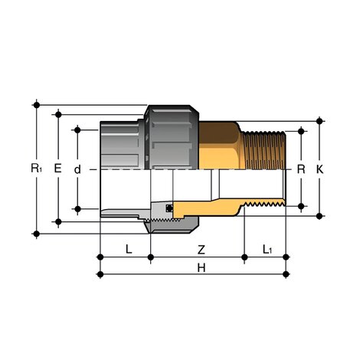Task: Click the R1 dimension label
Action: [36, 167]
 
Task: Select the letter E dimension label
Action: [58, 167]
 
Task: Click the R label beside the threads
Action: [301, 168]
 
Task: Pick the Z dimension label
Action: [201, 249]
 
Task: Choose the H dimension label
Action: [201, 269]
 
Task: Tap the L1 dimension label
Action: [267, 249]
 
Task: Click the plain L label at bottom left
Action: [128, 249]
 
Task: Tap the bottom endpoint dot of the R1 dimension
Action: [36, 233]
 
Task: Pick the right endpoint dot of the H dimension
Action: [286, 273]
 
